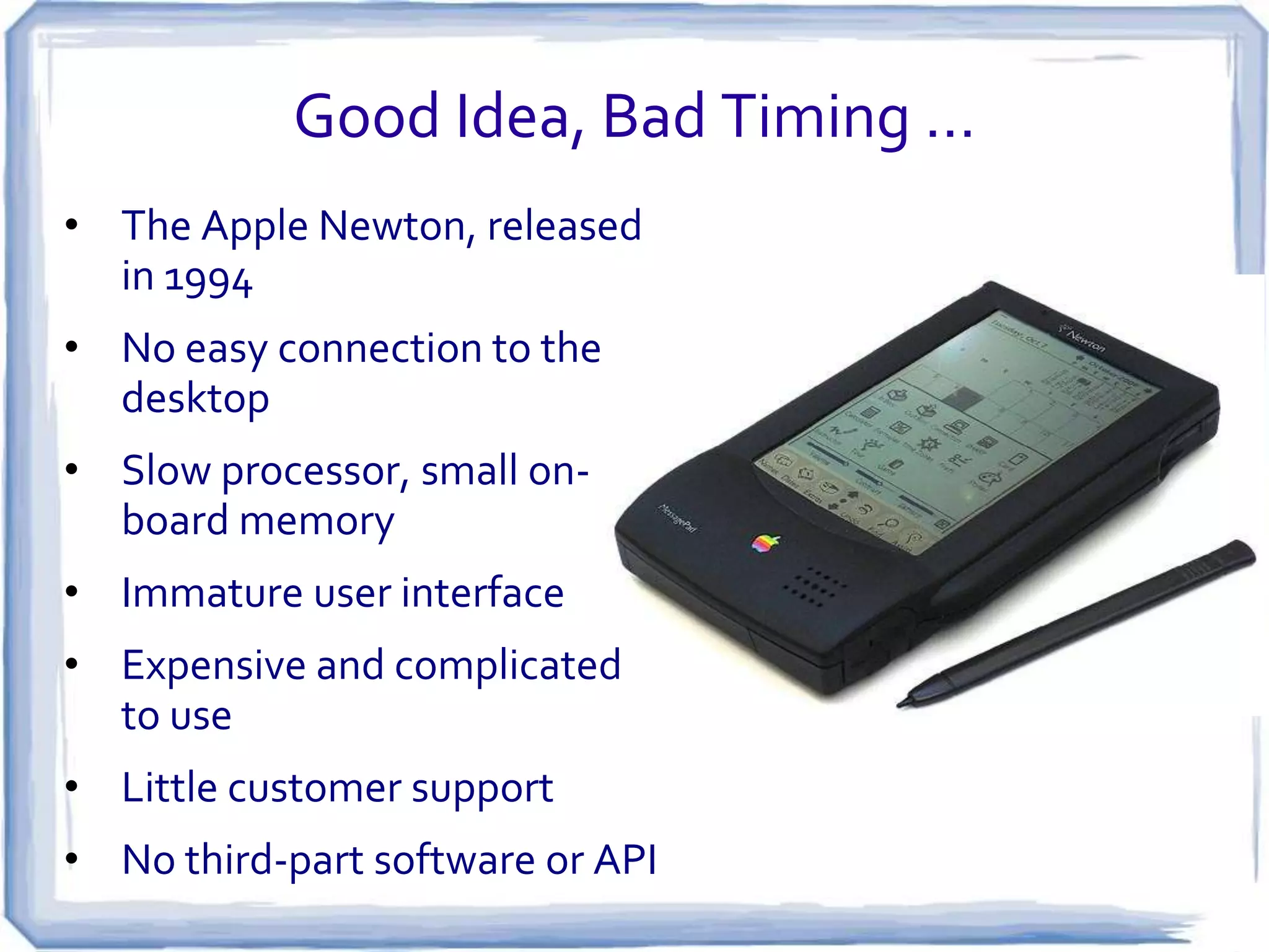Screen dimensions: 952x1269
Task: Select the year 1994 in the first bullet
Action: [208, 279]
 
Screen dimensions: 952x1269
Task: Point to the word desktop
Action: [195, 399]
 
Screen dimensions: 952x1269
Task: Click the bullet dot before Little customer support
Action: [72, 787]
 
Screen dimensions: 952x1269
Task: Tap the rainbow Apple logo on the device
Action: [765, 543]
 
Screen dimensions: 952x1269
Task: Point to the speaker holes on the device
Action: [814, 586]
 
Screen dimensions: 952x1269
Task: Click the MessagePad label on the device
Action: [677, 518]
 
